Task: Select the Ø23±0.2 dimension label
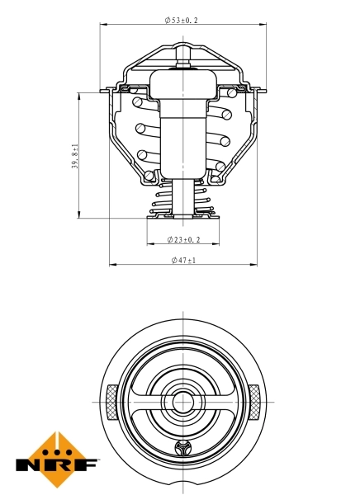pos(182,239)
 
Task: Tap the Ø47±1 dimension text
pos(182,260)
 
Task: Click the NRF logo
pos(57,460)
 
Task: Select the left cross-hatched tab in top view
pos(111,402)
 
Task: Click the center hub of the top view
pos(182,403)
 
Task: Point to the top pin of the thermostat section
pos(182,54)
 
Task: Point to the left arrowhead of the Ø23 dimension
pos(149,245)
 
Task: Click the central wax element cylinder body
pos(182,140)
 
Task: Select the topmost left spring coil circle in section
pos(137,102)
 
